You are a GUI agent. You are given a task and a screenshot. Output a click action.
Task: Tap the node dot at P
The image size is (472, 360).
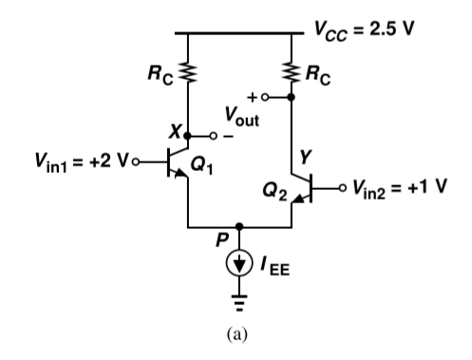(x=238, y=227)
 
